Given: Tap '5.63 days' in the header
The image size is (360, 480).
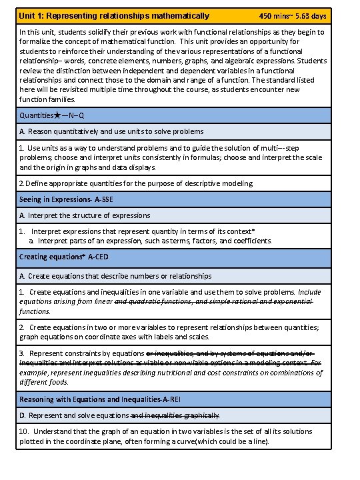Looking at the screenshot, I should (311, 15).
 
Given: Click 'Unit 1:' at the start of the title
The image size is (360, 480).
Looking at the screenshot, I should (32, 15).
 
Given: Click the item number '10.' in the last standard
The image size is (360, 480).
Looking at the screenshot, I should (25, 432).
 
